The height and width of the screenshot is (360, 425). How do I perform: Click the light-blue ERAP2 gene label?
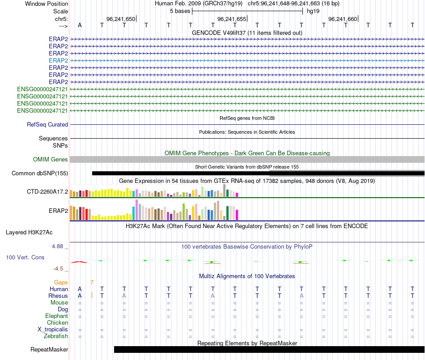58,60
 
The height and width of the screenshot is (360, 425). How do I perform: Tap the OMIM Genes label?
51,159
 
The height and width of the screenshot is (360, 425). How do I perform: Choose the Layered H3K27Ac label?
29,233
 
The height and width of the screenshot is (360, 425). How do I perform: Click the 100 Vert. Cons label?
25,258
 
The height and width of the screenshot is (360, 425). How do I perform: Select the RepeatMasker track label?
49,350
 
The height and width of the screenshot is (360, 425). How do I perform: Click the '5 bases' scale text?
180,11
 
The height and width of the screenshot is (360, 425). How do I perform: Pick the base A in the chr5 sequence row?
80,25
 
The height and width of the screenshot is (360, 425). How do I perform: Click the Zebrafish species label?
56,336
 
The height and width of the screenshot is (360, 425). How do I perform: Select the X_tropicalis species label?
53,330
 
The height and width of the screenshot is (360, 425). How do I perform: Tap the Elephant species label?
57,316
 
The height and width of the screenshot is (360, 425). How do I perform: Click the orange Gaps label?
61,283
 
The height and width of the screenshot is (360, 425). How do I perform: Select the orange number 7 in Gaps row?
92,283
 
